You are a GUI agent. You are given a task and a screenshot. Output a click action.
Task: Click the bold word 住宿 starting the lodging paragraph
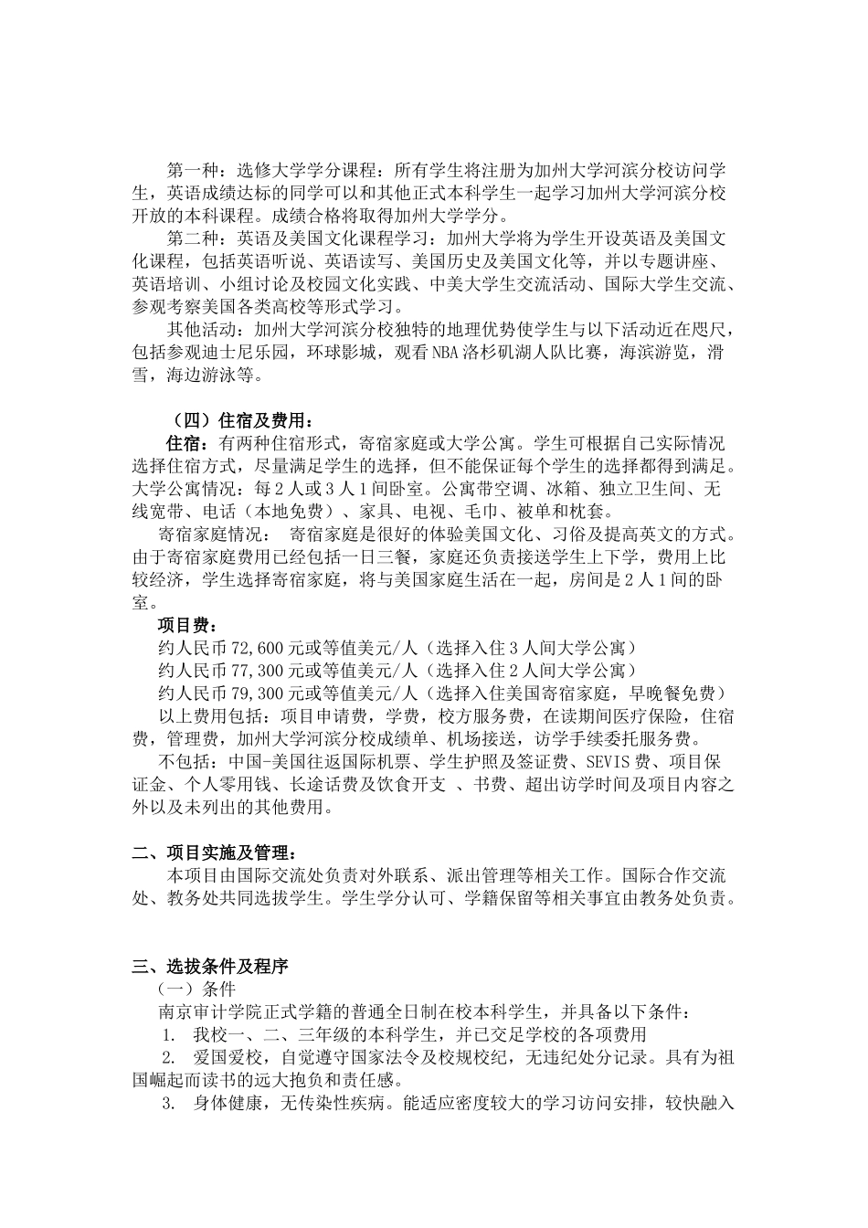[184, 444]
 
